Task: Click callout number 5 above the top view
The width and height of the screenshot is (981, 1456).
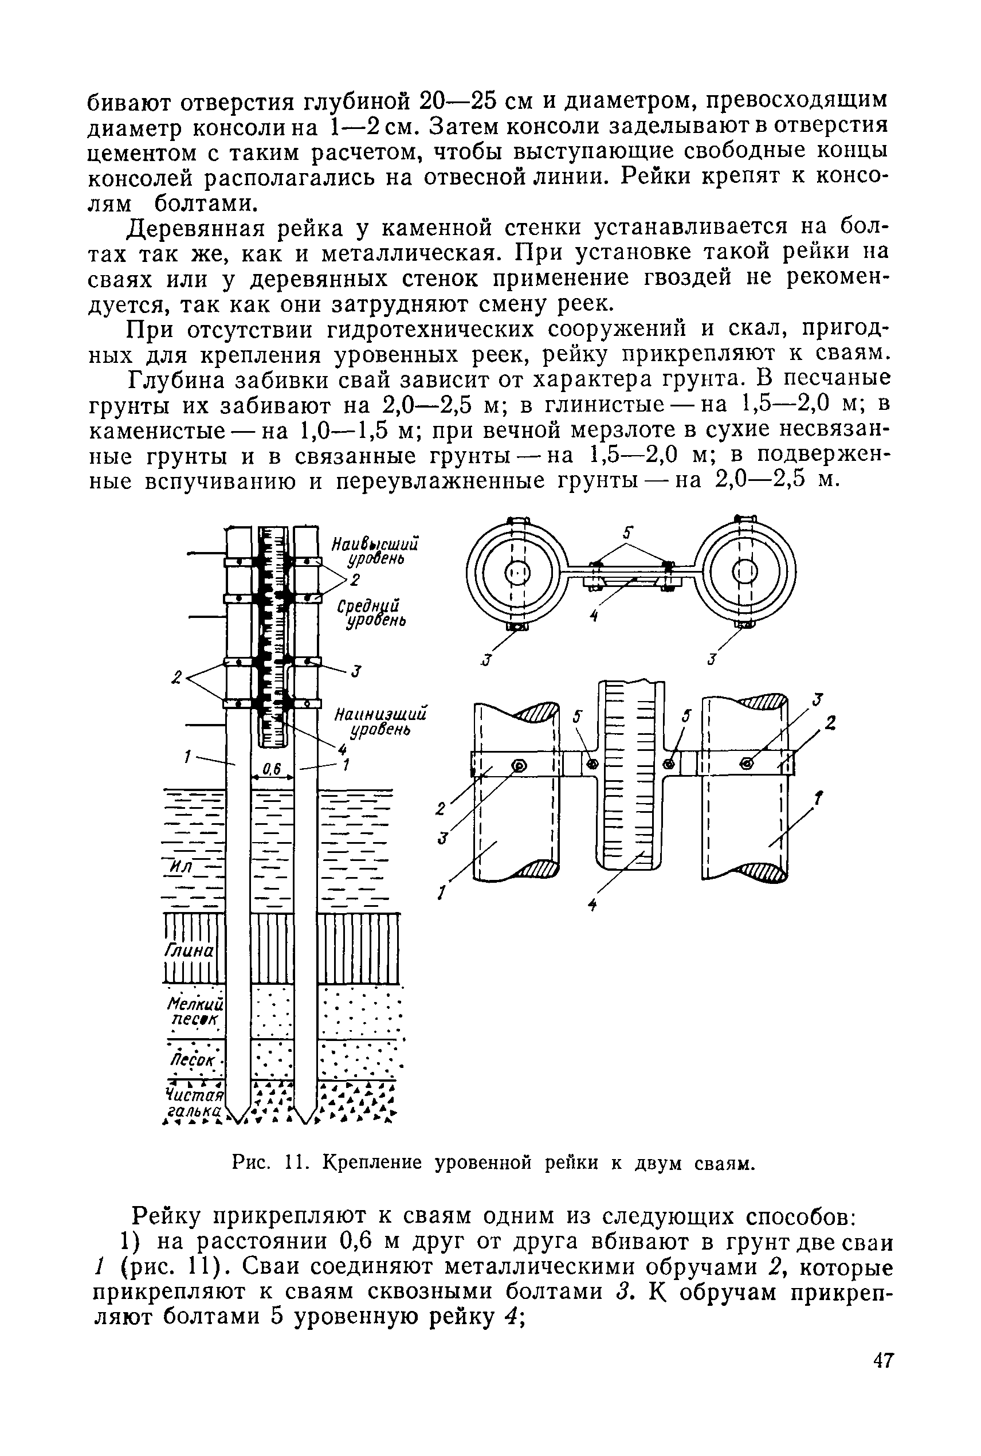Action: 628,533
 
